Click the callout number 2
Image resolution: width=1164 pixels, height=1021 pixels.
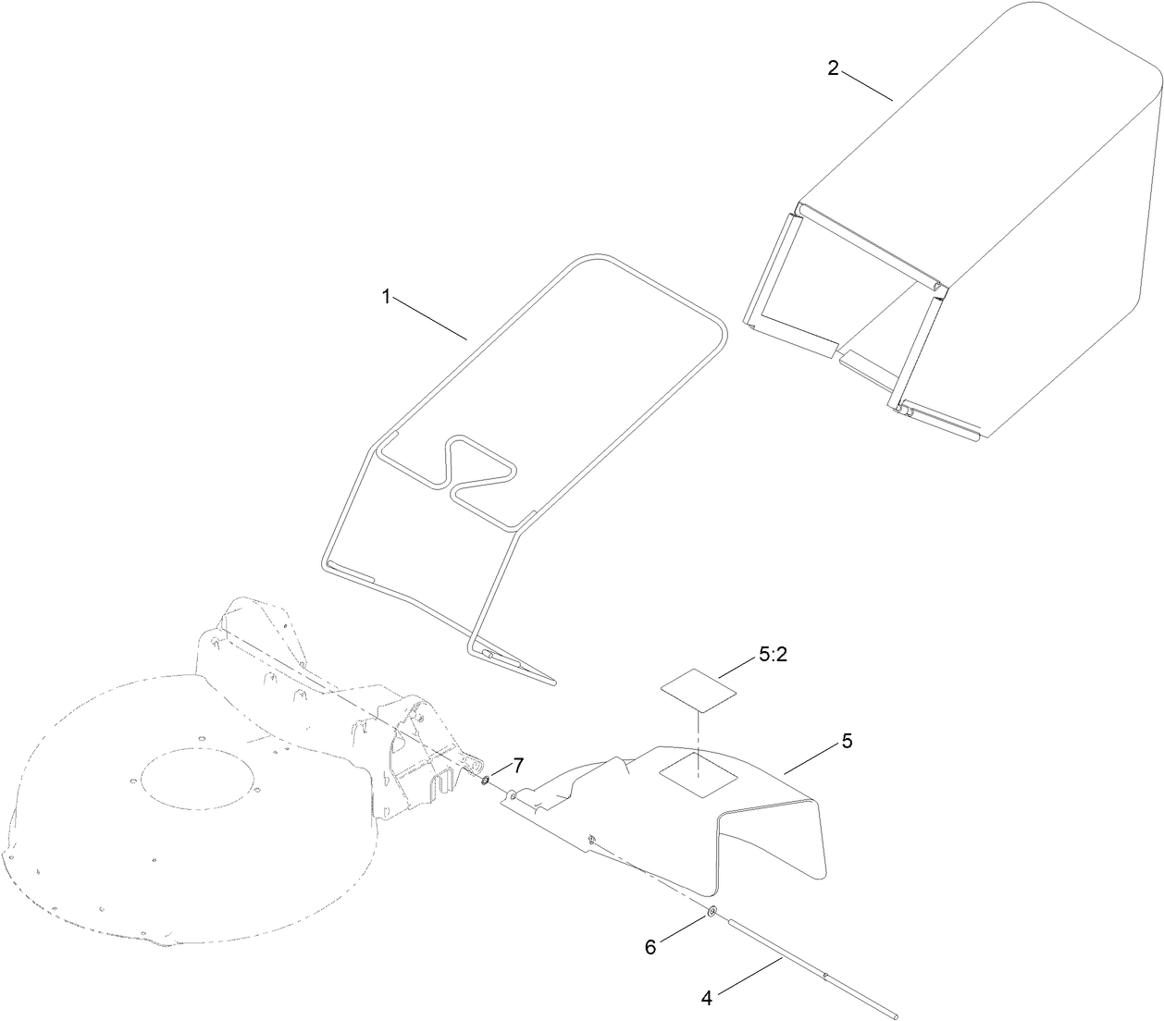(x=833, y=68)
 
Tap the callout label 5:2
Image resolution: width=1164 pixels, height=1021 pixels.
(x=773, y=655)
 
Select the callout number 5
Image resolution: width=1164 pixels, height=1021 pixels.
(x=847, y=741)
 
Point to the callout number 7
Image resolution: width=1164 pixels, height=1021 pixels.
(x=518, y=765)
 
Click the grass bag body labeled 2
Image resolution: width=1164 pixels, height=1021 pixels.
(x=1018, y=213)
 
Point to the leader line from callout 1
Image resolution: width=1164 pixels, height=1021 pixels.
(x=431, y=318)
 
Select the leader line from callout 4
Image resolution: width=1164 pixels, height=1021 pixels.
(x=749, y=978)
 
